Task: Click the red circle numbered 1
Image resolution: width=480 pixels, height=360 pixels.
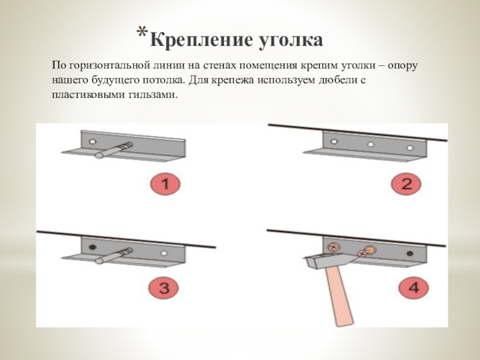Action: [166, 184]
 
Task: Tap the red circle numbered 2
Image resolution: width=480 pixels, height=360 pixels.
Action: [407, 184]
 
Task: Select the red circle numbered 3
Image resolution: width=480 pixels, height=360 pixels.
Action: [164, 288]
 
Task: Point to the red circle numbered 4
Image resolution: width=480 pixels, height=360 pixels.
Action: [413, 288]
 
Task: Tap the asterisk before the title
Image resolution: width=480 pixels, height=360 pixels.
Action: [142, 32]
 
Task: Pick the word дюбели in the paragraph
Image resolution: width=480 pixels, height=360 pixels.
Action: [336, 80]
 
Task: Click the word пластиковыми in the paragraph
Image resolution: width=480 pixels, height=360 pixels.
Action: [88, 95]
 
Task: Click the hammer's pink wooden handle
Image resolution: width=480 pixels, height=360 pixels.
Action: [340, 296]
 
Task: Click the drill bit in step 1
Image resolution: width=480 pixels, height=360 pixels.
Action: [113, 150]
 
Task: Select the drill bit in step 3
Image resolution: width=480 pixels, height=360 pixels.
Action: [113, 256]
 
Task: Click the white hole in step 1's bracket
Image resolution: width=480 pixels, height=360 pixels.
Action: [92, 142]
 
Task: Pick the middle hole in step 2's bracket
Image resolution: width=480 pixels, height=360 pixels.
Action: [370, 145]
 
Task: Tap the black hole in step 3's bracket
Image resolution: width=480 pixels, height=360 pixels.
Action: [92, 247]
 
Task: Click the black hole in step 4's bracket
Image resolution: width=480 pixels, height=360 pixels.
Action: [410, 253]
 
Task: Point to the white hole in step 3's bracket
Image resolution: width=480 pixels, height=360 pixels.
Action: [164, 253]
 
